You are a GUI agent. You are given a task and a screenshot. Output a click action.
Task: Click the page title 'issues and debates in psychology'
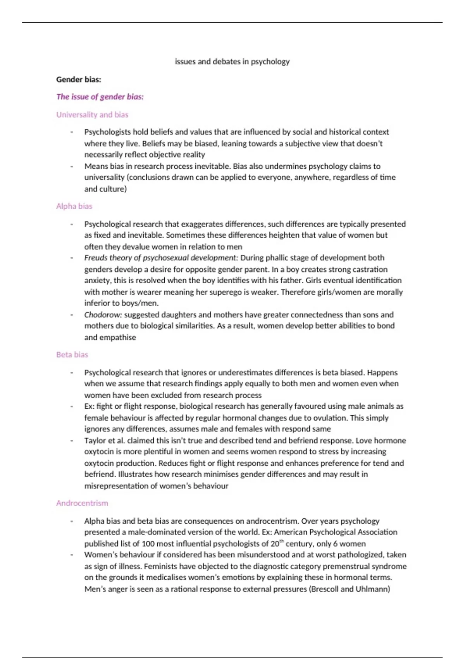tap(232, 62)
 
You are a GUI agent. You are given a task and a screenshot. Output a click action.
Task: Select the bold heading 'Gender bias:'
tap(79, 79)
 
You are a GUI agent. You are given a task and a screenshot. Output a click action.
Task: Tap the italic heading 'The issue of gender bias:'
tap(100, 97)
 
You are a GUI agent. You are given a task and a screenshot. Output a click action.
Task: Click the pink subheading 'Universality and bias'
tap(92, 115)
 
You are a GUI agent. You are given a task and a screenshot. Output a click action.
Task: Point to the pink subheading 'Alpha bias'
tap(74, 206)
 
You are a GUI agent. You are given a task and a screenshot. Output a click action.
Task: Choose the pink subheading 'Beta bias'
tap(72, 355)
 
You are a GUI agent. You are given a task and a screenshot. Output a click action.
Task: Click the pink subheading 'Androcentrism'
tap(82, 503)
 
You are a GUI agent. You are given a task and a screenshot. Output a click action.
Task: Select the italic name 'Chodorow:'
tap(103, 315)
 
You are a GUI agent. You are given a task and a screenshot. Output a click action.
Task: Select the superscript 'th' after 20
tap(282, 541)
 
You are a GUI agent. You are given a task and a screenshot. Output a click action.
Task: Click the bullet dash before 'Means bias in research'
tap(72, 166)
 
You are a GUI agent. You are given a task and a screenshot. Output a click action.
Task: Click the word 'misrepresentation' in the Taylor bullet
tap(115, 486)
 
